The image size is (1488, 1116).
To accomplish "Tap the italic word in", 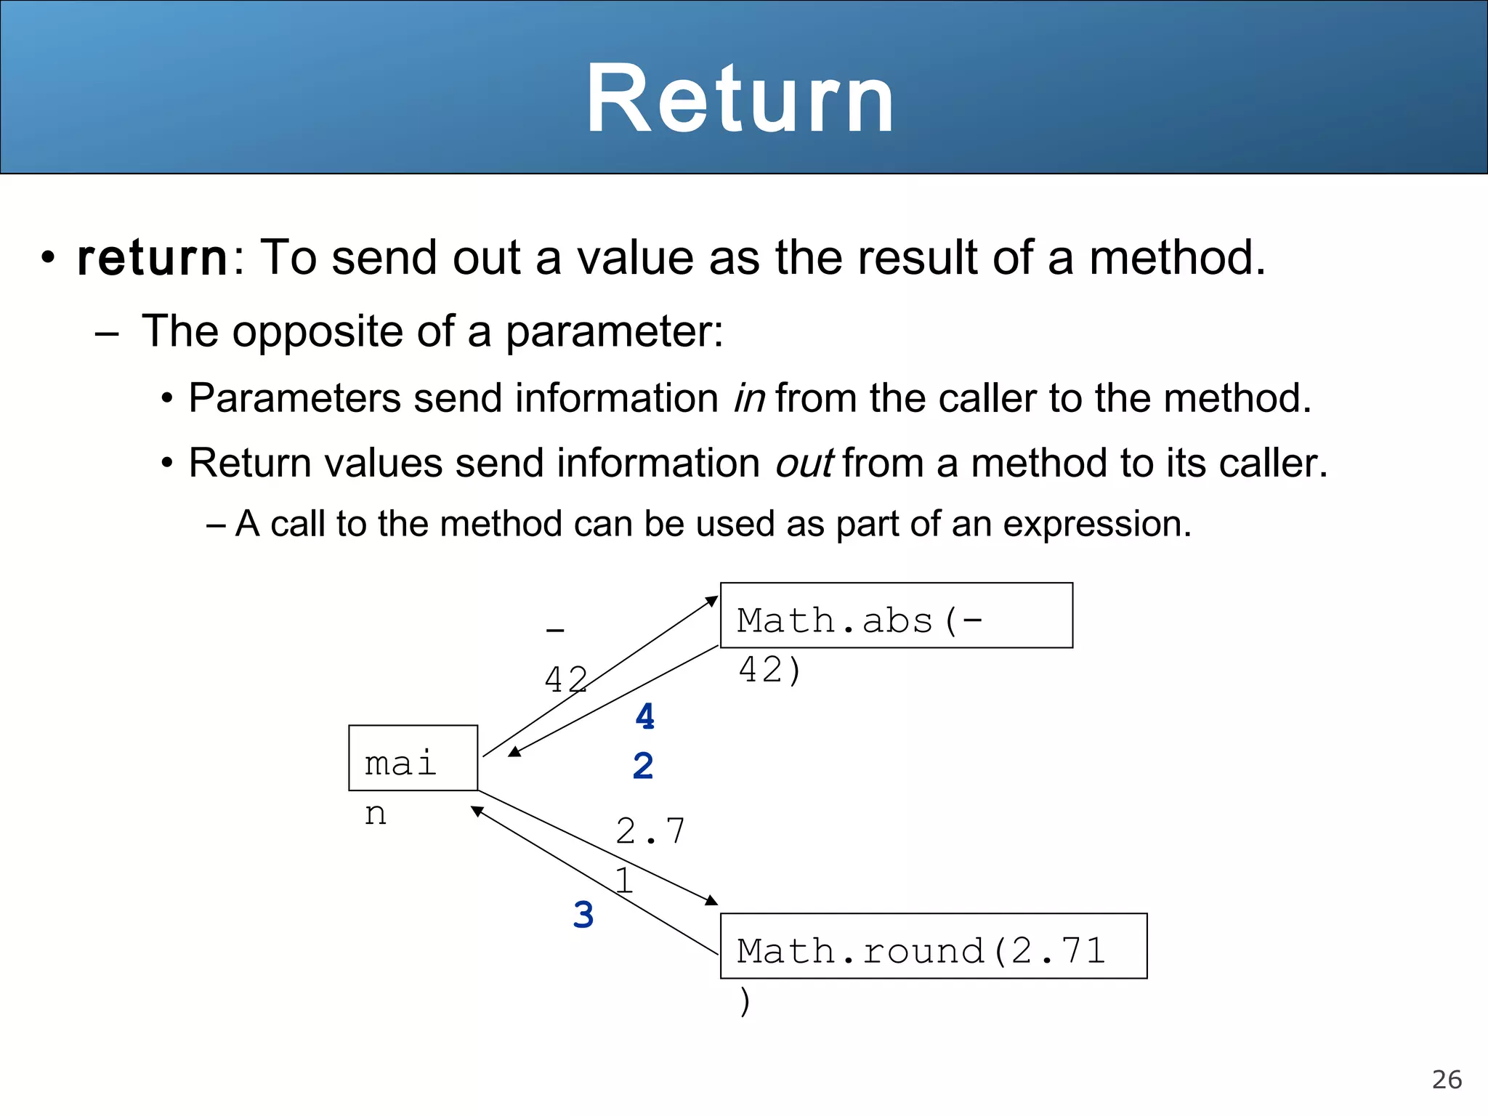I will [x=749, y=398].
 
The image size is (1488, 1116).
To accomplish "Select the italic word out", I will [x=804, y=464].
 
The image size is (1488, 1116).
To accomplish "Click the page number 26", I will [x=1447, y=1080].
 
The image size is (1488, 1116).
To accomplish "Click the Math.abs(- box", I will [x=896, y=615].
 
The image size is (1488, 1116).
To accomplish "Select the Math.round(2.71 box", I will [x=933, y=946].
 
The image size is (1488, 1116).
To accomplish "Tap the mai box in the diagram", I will [x=413, y=758].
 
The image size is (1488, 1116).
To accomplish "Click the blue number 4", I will [x=644, y=717].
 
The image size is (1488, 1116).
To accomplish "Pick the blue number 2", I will [x=643, y=766].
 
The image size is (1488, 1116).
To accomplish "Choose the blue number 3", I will [x=583, y=915].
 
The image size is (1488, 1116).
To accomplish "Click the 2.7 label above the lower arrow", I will [x=650, y=831].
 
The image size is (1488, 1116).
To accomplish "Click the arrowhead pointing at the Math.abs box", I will [x=711, y=601].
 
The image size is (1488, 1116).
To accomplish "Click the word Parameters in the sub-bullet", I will [x=294, y=398].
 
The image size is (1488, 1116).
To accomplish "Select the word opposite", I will [x=317, y=332].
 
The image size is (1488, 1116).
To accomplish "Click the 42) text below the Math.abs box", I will [x=769, y=669].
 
